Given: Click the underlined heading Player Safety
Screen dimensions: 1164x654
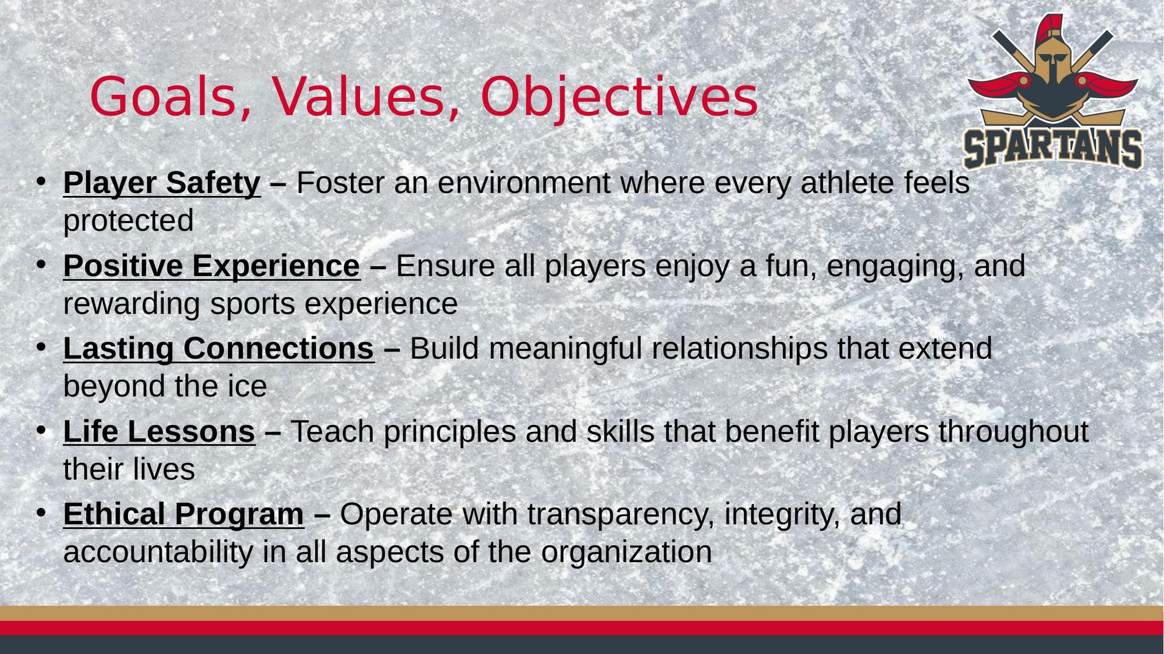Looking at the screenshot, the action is tap(162, 183).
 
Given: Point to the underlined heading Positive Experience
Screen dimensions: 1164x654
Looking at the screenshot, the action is tap(212, 266).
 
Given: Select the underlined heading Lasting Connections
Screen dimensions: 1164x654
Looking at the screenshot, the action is tap(219, 349).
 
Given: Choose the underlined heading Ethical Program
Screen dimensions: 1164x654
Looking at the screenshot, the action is tap(183, 514).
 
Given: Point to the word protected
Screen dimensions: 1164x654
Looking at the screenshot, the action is tap(129, 221).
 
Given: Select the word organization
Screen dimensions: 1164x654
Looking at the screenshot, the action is tap(626, 552).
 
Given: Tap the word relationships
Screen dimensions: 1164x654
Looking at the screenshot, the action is tap(740, 349).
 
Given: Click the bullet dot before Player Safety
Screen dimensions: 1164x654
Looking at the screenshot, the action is tap(41, 182).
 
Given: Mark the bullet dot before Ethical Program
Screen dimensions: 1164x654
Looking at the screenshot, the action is tap(41, 513).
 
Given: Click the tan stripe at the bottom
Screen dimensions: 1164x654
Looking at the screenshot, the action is tap(582, 613).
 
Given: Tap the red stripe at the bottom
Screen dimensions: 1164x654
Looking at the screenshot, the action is tap(582, 628).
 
